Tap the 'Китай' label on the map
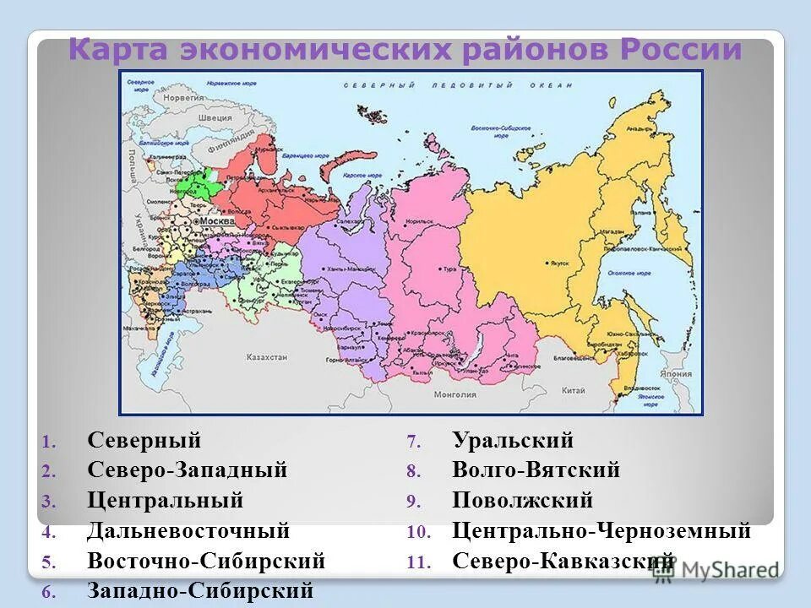click(x=573, y=389)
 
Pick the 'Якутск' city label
click(x=560, y=263)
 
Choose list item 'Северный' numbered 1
click(x=144, y=440)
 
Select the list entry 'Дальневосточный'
click(x=188, y=531)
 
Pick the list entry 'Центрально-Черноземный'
click(x=601, y=531)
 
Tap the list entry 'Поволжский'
click(x=522, y=500)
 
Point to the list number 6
click(x=48, y=591)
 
